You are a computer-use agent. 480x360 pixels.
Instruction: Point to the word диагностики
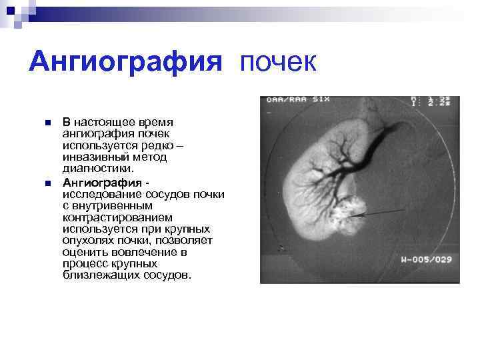point(93,169)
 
